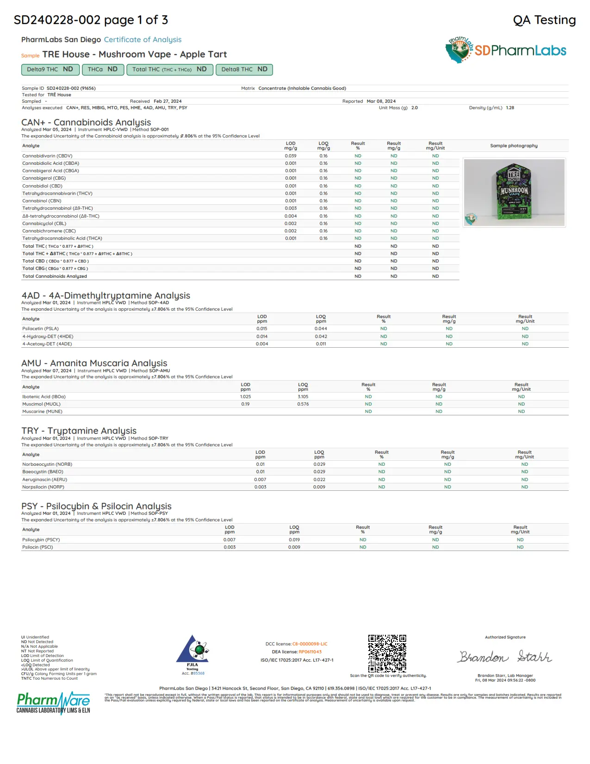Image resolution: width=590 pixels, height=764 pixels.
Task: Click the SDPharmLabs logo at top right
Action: point(506,50)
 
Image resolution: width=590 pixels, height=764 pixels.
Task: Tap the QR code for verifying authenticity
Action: point(387,653)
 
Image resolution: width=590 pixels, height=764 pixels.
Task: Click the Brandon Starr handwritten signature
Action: point(505,657)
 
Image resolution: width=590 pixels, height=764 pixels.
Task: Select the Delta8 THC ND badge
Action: point(244,69)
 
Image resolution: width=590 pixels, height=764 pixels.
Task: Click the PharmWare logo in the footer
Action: point(53,703)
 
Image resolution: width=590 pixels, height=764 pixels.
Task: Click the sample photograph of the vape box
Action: point(514,192)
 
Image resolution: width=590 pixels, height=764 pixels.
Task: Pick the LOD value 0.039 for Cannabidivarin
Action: point(291,156)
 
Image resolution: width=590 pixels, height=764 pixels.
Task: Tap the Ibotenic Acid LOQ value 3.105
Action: point(303,397)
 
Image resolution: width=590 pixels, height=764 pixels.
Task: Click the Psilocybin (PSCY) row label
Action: point(41,540)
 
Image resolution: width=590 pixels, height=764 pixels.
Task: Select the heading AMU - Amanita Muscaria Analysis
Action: point(94,363)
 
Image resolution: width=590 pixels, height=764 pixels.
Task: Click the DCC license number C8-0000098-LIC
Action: point(310,644)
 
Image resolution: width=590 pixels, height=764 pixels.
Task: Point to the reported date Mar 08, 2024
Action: point(381,101)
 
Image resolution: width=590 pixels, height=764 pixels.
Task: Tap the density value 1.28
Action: point(510,108)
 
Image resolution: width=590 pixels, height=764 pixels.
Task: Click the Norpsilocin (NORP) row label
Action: point(43,487)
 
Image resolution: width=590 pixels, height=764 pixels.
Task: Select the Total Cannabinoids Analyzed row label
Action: point(55,276)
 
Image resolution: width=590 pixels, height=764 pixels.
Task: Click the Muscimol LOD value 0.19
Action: point(245,404)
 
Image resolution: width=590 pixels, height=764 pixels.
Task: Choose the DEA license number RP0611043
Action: point(310,652)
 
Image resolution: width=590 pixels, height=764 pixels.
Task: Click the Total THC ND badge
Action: point(169,69)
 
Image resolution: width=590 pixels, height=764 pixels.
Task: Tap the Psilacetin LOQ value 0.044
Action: point(321,329)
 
